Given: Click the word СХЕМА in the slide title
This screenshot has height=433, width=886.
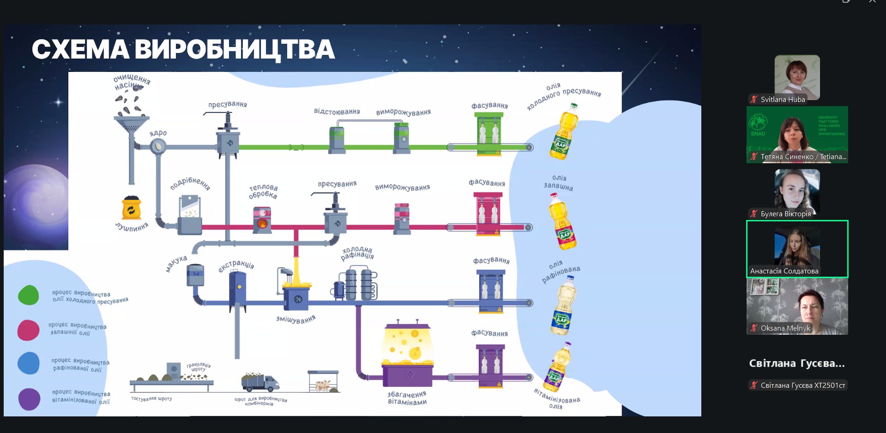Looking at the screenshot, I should pos(80,49).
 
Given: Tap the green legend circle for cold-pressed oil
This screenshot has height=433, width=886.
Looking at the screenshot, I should pos(28,295).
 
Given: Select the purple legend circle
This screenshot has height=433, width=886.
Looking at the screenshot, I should pos(29,399).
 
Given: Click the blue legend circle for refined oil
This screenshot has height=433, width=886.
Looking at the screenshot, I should pos(29,363).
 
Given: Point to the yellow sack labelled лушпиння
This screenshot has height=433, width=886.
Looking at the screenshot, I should pos(132,208).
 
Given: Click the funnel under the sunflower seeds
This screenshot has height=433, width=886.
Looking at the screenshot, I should pos(131,124).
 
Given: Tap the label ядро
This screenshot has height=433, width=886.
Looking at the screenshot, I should pos(158,133).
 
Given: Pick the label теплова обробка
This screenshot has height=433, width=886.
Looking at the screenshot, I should pos(263,191).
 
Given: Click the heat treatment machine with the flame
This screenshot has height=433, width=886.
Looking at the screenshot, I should pos(262,220).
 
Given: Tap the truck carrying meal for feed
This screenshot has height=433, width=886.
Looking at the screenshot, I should pos(259,382).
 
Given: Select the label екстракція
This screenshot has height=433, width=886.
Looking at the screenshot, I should pos(236,266).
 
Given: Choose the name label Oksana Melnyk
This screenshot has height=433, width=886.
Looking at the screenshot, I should pos(785,328).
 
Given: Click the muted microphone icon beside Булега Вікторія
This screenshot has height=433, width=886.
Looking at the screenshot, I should pos(754,214).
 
